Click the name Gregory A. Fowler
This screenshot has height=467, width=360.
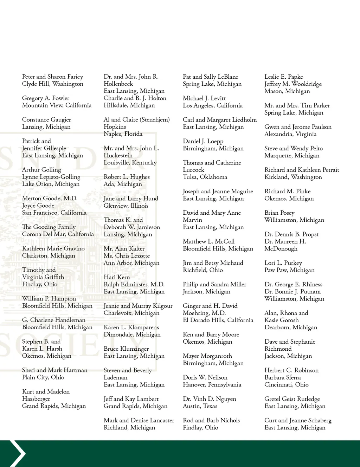tap(46, 98)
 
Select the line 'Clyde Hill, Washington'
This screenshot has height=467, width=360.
tap(53, 84)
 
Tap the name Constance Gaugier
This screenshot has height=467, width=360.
tap(46, 119)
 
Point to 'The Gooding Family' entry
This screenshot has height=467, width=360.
tap(49, 227)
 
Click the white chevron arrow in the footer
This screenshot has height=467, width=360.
tap(18, 453)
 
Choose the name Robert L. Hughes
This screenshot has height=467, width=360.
tap(127, 177)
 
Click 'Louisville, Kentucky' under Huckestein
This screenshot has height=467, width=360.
tap(130, 163)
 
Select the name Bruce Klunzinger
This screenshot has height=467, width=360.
tap(126, 349)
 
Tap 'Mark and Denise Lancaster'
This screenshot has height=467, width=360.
tap(139, 420)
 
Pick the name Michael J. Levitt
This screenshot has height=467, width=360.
tap(204, 98)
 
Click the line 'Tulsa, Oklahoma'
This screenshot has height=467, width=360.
tap(205, 177)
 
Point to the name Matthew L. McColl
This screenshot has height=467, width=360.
tap(208, 241)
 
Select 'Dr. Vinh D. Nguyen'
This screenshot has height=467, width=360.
tap(210, 399)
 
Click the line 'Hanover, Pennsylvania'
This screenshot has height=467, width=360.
tap(212, 385)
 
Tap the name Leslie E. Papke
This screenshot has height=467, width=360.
tap(284, 77)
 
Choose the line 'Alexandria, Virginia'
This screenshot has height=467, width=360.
tap(290, 134)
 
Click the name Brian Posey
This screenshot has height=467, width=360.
tap(279, 213)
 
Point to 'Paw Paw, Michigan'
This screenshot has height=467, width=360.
tap(289, 270)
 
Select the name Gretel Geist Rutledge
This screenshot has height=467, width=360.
tap(292, 399)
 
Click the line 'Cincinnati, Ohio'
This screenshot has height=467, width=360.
tap(287, 385)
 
